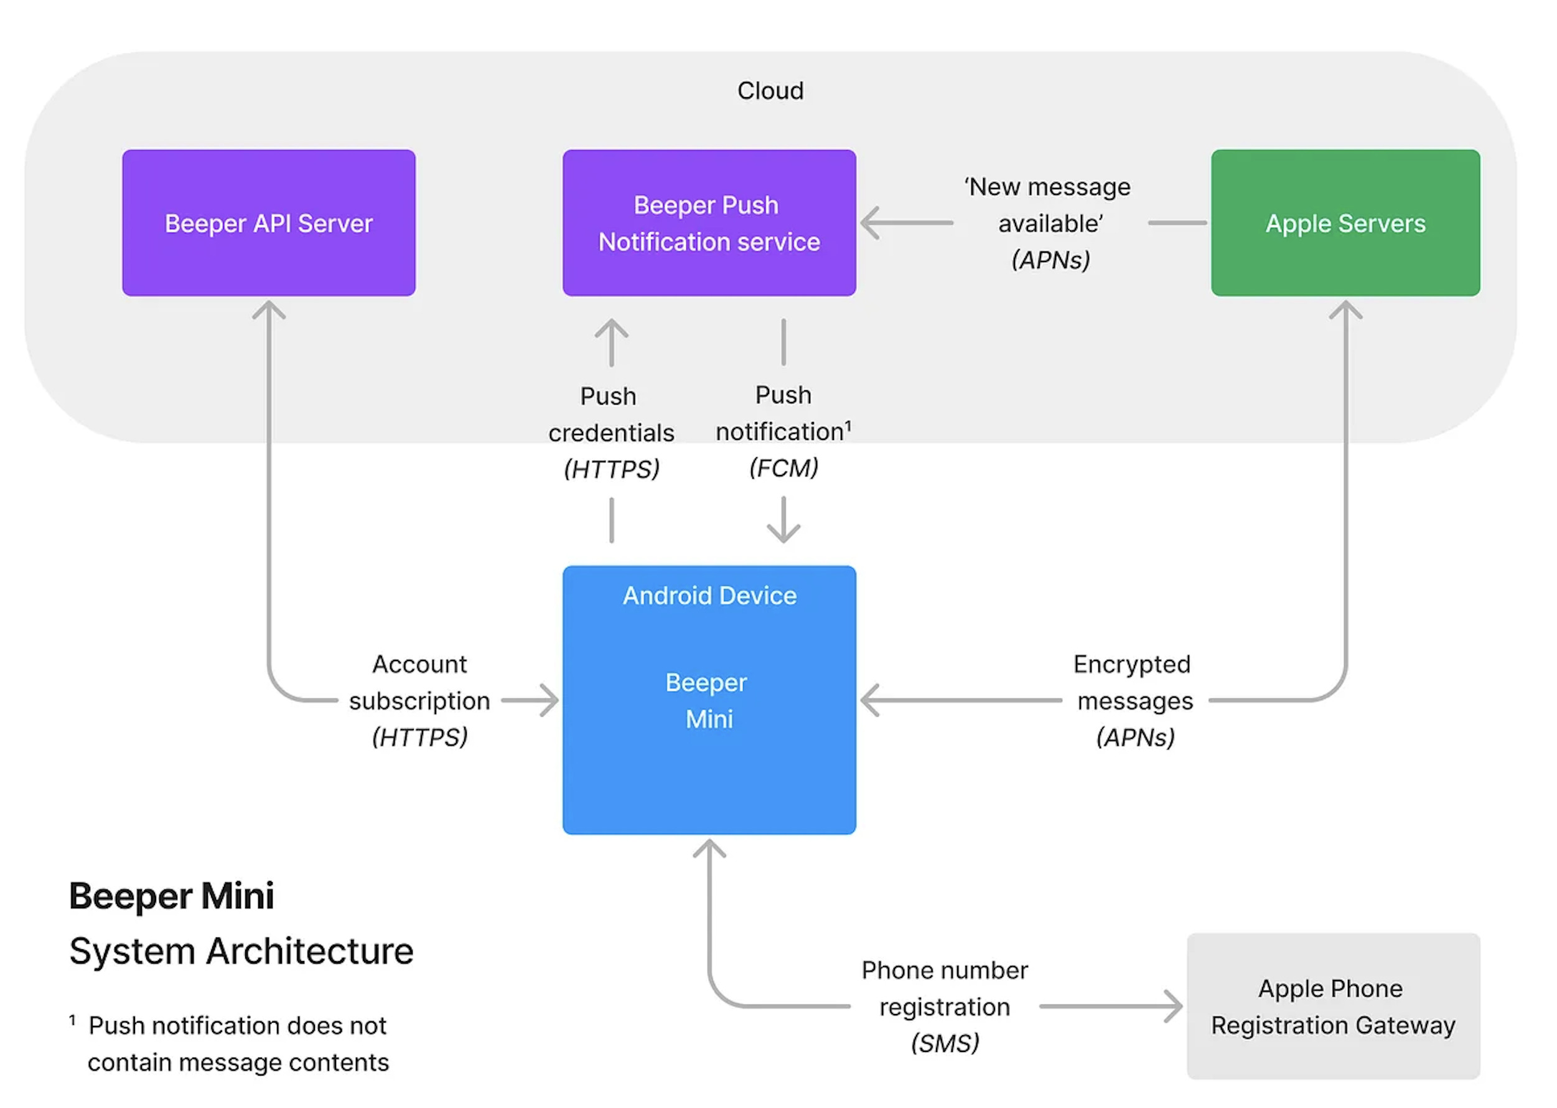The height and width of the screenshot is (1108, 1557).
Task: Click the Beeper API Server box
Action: point(269,223)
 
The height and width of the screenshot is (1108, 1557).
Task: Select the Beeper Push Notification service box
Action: point(709,223)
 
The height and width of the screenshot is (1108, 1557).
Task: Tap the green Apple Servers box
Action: point(1345,223)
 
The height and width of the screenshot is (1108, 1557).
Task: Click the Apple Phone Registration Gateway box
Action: point(1334,1007)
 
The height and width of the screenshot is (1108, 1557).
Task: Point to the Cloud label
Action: point(770,91)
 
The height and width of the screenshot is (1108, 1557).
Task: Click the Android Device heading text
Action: point(709,596)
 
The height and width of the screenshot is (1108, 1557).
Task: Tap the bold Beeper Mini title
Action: point(172,896)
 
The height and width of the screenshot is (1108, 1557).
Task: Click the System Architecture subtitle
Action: point(241,951)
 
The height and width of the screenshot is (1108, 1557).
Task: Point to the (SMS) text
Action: point(945,1043)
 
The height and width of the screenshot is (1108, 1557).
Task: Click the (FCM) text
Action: point(783,468)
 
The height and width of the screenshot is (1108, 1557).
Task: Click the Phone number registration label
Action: point(945,988)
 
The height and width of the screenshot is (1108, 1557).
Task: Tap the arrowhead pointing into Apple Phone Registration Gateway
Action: point(1174,1007)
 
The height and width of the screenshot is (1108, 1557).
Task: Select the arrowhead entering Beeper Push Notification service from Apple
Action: point(869,222)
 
